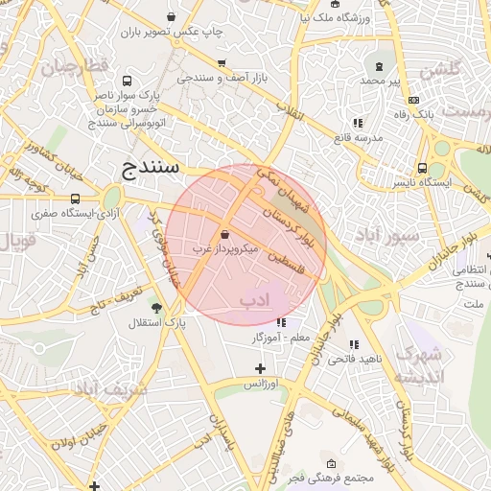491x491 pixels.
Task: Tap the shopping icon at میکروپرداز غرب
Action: point(224,234)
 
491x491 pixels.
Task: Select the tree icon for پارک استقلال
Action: point(156,308)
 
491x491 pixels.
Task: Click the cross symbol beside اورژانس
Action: point(260,368)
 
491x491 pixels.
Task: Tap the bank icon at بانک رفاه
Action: point(413,100)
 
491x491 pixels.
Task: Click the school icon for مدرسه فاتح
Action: point(357,123)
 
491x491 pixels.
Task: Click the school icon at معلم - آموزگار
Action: point(281,323)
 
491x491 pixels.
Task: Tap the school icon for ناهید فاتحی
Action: point(354,344)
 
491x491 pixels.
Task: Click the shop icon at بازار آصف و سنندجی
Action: point(222,62)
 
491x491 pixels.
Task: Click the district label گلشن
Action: point(442,69)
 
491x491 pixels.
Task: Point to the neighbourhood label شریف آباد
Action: point(110,388)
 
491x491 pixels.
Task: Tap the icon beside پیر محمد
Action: point(380,66)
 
